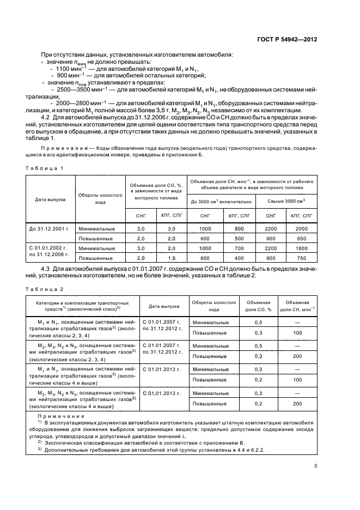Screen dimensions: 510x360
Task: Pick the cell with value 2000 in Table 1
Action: [301, 229]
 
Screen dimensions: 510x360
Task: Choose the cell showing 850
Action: [301, 238]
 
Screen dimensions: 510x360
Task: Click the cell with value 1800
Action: [301, 248]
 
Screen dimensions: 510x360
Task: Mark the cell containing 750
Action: [301, 257]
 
